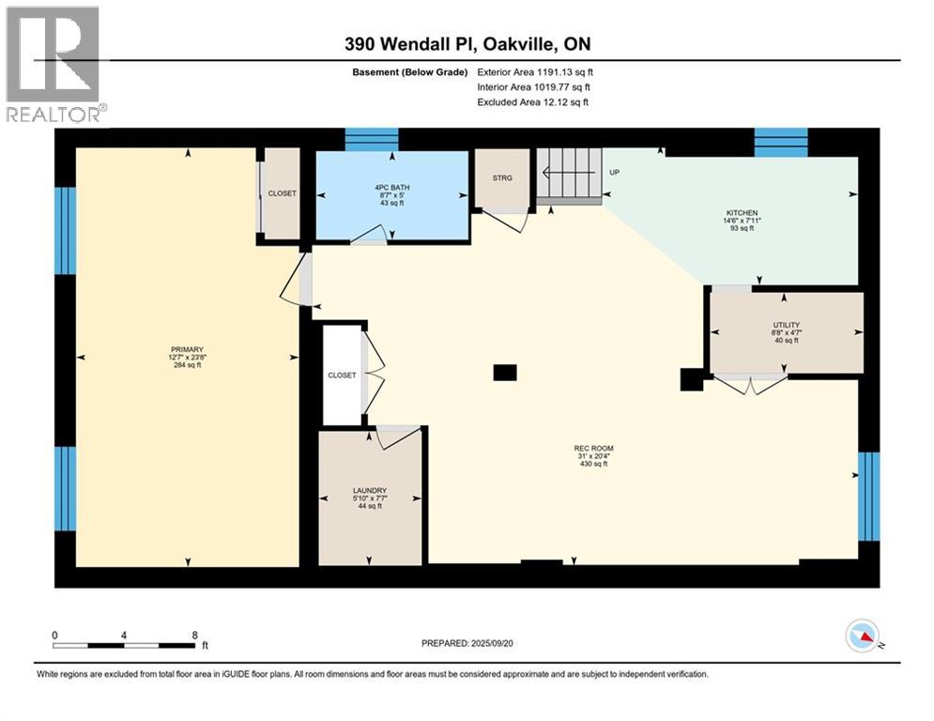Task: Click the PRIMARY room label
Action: click(x=187, y=350)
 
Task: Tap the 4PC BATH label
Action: click(x=392, y=188)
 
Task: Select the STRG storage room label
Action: click(x=502, y=178)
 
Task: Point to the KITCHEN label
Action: click(x=742, y=213)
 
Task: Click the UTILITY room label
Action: click(x=787, y=325)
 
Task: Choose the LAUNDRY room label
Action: click(x=370, y=490)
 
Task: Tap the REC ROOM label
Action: click(x=593, y=448)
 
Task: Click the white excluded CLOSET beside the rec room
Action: click(x=342, y=375)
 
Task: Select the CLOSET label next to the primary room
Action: click(x=282, y=193)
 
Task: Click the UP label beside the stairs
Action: click(x=614, y=172)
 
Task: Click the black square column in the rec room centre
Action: click(x=505, y=373)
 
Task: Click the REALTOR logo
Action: click(x=54, y=63)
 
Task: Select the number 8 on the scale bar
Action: click(x=195, y=636)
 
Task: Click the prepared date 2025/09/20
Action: click(x=492, y=643)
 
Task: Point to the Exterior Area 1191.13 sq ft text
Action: click(x=535, y=72)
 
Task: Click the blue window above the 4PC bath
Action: click(x=372, y=140)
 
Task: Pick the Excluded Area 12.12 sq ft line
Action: click(x=532, y=102)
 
